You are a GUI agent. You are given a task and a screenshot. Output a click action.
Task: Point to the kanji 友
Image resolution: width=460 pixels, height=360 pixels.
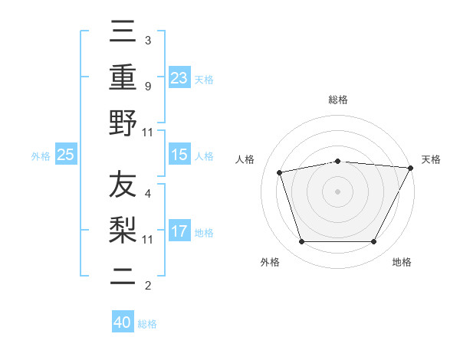tap(123, 185)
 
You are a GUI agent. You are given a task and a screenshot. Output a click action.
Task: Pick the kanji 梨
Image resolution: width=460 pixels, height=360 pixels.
tap(123, 230)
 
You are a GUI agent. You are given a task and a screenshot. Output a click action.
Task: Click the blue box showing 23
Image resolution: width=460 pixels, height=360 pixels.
tap(179, 78)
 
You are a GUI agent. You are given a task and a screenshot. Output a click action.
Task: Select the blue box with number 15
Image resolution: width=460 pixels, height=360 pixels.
tap(179, 155)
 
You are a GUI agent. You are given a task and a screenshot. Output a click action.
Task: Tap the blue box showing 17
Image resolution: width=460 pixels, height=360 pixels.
tap(179, 231)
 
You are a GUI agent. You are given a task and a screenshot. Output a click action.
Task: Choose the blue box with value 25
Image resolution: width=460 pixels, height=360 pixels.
tap(66, 155)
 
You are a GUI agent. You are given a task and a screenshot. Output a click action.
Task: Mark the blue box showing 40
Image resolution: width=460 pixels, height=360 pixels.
tap(123, 322)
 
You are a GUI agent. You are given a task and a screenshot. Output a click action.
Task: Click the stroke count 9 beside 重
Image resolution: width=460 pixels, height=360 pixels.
tap(147, 86)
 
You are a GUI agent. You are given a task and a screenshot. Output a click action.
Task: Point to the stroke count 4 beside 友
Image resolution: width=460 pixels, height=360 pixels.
tap(147, 194)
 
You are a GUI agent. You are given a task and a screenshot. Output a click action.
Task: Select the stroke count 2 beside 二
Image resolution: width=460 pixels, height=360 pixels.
tap(147, 286)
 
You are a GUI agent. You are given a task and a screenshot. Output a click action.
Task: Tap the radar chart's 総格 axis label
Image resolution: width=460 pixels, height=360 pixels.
tap(338, 100)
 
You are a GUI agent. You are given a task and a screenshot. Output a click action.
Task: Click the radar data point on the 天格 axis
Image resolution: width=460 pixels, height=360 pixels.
tap(411, 168)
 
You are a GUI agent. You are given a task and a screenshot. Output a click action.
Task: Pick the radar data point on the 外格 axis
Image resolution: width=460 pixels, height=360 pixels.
tap(301, 242)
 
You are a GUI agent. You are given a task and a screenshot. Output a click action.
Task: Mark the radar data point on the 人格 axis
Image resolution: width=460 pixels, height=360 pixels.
tap(280, 172)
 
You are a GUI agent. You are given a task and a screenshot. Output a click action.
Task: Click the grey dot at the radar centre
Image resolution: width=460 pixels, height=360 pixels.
tap(337, 191)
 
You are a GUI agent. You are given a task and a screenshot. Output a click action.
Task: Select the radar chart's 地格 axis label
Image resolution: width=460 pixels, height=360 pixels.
tap(402, 263)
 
